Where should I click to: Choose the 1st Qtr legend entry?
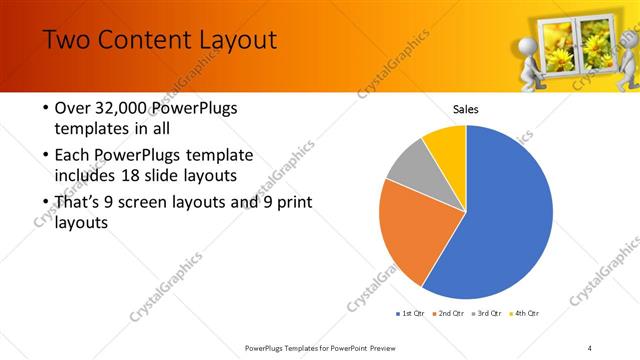point(410,314)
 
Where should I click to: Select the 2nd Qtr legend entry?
point(449,314)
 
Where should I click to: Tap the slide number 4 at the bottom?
point(590,347)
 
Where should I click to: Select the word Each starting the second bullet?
point(71,156)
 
